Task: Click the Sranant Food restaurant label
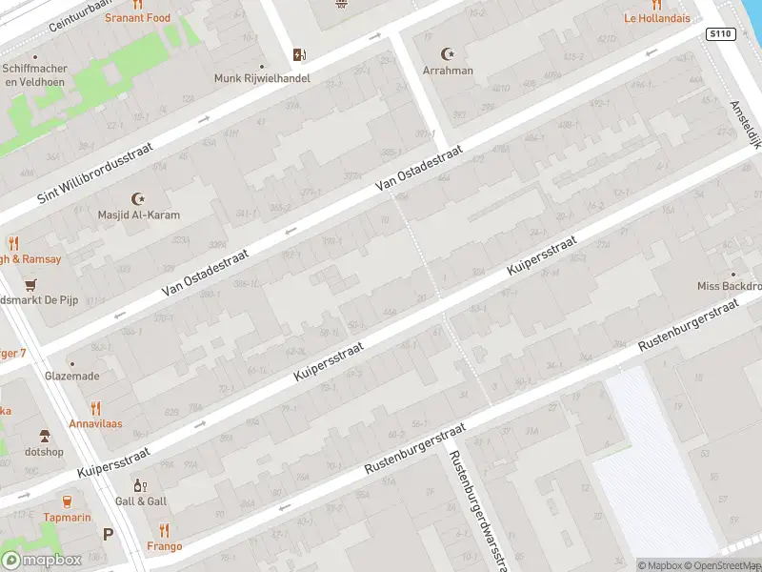point(137,17)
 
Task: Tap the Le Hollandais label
point(656,17)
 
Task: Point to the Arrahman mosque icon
point(447,53)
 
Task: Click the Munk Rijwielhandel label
point(262,78)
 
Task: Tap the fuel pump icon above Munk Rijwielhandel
point(300,54)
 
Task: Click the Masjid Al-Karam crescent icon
point(139,198)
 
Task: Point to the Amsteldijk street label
point(746,124)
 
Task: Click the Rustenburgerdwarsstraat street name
point(474,510)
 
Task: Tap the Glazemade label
point(71,376)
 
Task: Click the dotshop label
point(44,451)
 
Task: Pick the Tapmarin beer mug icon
point(67,500)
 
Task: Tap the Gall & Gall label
point(141,501)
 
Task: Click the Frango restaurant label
point(165,547)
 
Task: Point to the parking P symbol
point(108,535)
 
